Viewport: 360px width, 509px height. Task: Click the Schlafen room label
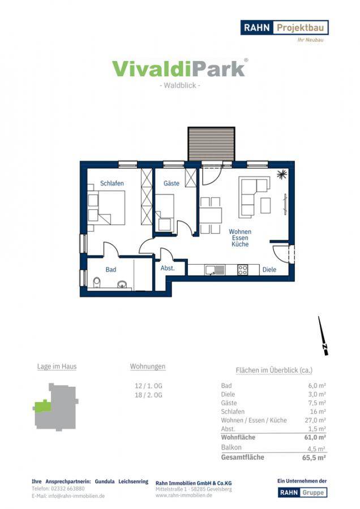112,183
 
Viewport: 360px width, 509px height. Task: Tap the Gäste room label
172,183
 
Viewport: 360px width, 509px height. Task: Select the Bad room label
111,269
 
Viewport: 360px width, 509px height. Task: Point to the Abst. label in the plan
168,268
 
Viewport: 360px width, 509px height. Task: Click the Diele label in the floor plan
269,269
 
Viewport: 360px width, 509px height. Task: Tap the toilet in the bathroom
97,283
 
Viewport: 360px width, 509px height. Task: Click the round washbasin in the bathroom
122,284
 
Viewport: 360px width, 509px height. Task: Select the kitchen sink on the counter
215,270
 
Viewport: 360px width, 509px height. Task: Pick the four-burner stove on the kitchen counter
243,270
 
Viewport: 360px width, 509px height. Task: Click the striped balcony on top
211,144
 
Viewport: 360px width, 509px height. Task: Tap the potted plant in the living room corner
282,174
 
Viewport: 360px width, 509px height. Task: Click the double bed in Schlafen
106,208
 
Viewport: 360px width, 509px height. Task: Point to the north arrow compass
323,336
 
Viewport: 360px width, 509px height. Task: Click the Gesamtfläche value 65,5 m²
314,458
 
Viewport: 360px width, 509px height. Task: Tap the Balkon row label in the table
232,447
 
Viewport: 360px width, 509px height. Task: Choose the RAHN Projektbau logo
284,28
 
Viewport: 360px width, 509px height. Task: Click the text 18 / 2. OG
148,395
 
